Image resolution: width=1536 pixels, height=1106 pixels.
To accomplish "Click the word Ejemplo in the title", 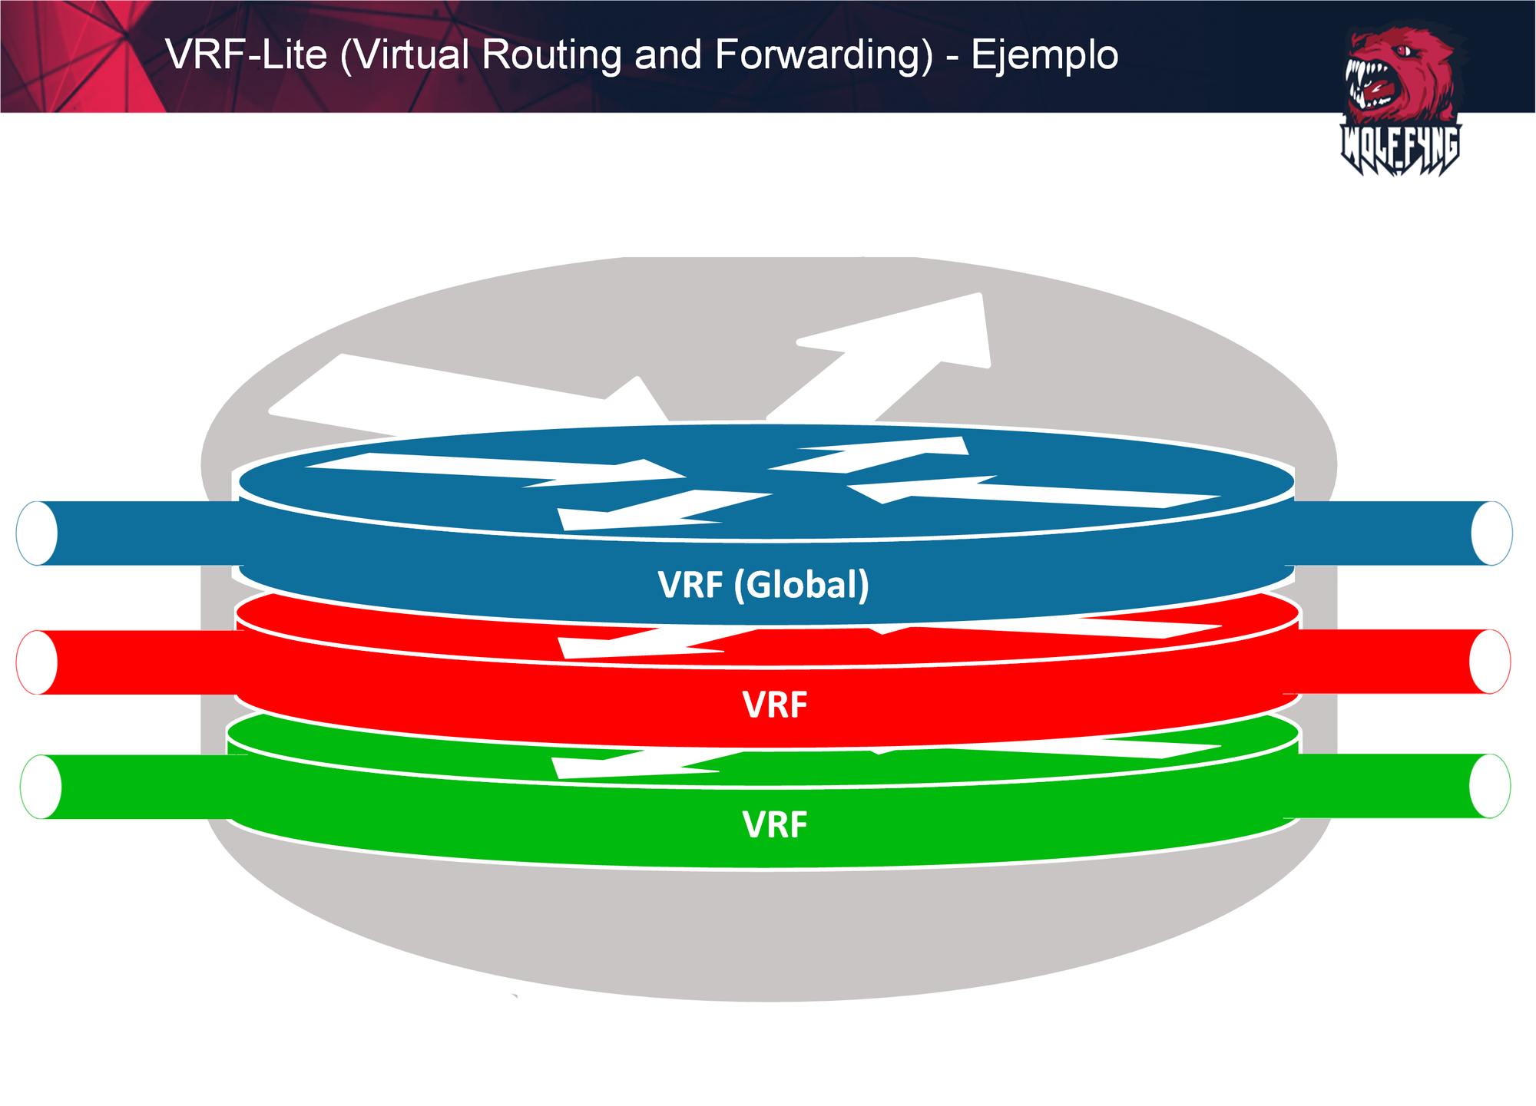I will [x=1044, y=55].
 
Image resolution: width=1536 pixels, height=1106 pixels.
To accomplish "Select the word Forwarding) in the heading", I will [x=824, y=55].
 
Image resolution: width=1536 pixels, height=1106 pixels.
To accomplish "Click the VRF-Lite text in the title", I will [x=246, y=55].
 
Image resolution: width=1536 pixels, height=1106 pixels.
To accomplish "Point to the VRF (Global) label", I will [x=763, y=585].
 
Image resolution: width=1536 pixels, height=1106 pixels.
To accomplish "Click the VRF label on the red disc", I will [x=774, y=705].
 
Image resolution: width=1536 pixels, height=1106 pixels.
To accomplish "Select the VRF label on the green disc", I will [x=774, y=826].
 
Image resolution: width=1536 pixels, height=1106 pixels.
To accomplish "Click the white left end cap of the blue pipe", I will [x=37, y=533].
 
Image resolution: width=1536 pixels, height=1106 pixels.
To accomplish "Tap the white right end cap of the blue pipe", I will [x=1491, y=533].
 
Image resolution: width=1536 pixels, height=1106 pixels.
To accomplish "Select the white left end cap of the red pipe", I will [x=37, y=662].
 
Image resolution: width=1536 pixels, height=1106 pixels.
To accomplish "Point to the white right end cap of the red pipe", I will [x=1490, y=662].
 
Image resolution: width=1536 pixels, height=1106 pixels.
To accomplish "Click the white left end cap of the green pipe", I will [x=41, y=787].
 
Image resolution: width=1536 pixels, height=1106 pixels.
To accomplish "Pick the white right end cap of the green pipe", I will [x=1490, y=786].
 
